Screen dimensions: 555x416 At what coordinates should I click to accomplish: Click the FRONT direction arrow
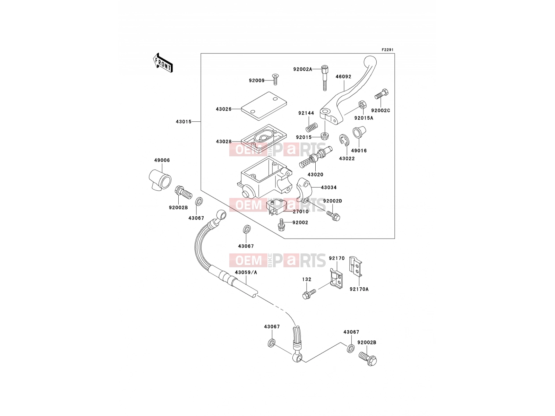(163, 63)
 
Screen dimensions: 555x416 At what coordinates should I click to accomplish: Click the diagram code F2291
(387, 50)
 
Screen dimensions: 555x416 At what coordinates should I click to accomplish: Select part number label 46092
(343, 77)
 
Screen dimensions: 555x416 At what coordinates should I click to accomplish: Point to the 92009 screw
(275, 79)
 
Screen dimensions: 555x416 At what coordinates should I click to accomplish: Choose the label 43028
(223, 141)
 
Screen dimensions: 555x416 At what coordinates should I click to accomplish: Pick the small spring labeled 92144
(311, 127)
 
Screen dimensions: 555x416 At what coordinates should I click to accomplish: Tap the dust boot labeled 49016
(359, 133)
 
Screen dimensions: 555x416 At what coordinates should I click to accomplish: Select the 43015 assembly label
(183, 122)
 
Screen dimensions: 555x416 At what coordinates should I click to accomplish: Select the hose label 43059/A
(246, 272)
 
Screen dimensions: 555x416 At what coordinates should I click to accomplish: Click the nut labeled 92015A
(362, 105)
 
